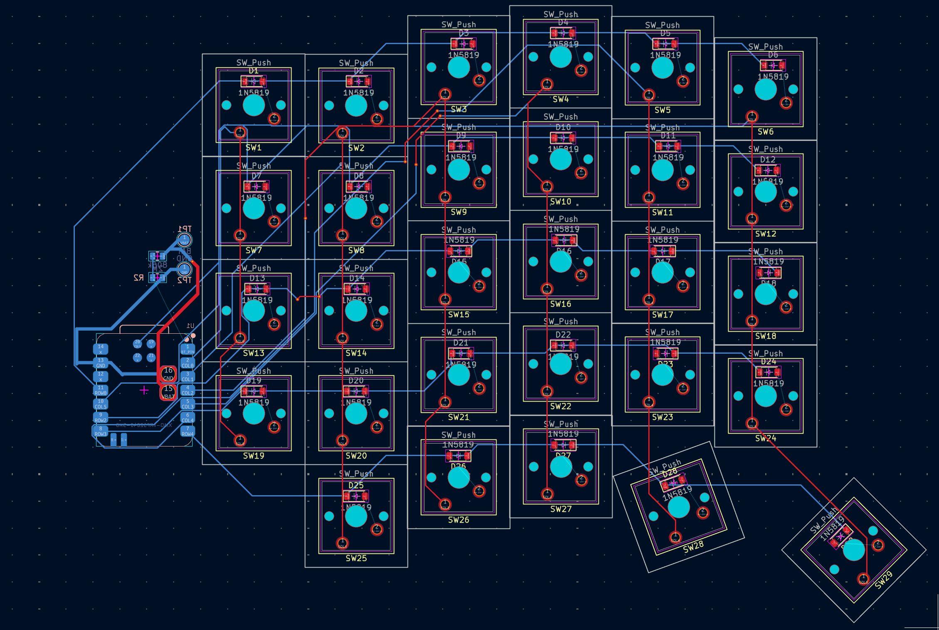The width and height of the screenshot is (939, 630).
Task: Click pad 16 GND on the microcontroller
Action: pos(168,374)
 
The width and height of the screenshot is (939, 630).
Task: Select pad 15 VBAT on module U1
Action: pos(168,392)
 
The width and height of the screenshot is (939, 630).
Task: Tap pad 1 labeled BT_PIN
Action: pos(188,349)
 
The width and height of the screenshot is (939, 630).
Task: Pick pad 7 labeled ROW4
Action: pos(188,431)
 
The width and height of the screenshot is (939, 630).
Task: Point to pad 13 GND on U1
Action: pos(101,363)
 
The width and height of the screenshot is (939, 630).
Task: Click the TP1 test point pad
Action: pos(184,240)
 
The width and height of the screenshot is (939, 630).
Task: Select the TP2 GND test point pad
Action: pos(184,269)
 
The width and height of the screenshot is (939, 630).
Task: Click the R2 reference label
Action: pos(138,278)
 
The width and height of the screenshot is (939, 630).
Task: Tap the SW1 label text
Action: pos(253,148)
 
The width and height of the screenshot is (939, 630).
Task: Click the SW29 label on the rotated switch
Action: pos(883,580)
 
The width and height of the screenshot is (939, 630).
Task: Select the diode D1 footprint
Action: pos(253,82)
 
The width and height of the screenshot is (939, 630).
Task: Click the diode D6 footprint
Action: pos(773,65)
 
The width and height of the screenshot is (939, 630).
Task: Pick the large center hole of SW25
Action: pos(356,516)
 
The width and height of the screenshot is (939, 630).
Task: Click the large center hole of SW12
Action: pos(766,192)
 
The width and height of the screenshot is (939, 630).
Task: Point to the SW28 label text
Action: pos(693,547)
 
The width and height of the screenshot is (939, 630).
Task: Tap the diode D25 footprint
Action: pos(356,496)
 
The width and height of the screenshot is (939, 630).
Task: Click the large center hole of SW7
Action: pos(253,208)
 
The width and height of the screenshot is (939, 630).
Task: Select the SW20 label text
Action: pos(356,456)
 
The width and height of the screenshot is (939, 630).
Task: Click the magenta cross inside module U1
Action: pos(144,390)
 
